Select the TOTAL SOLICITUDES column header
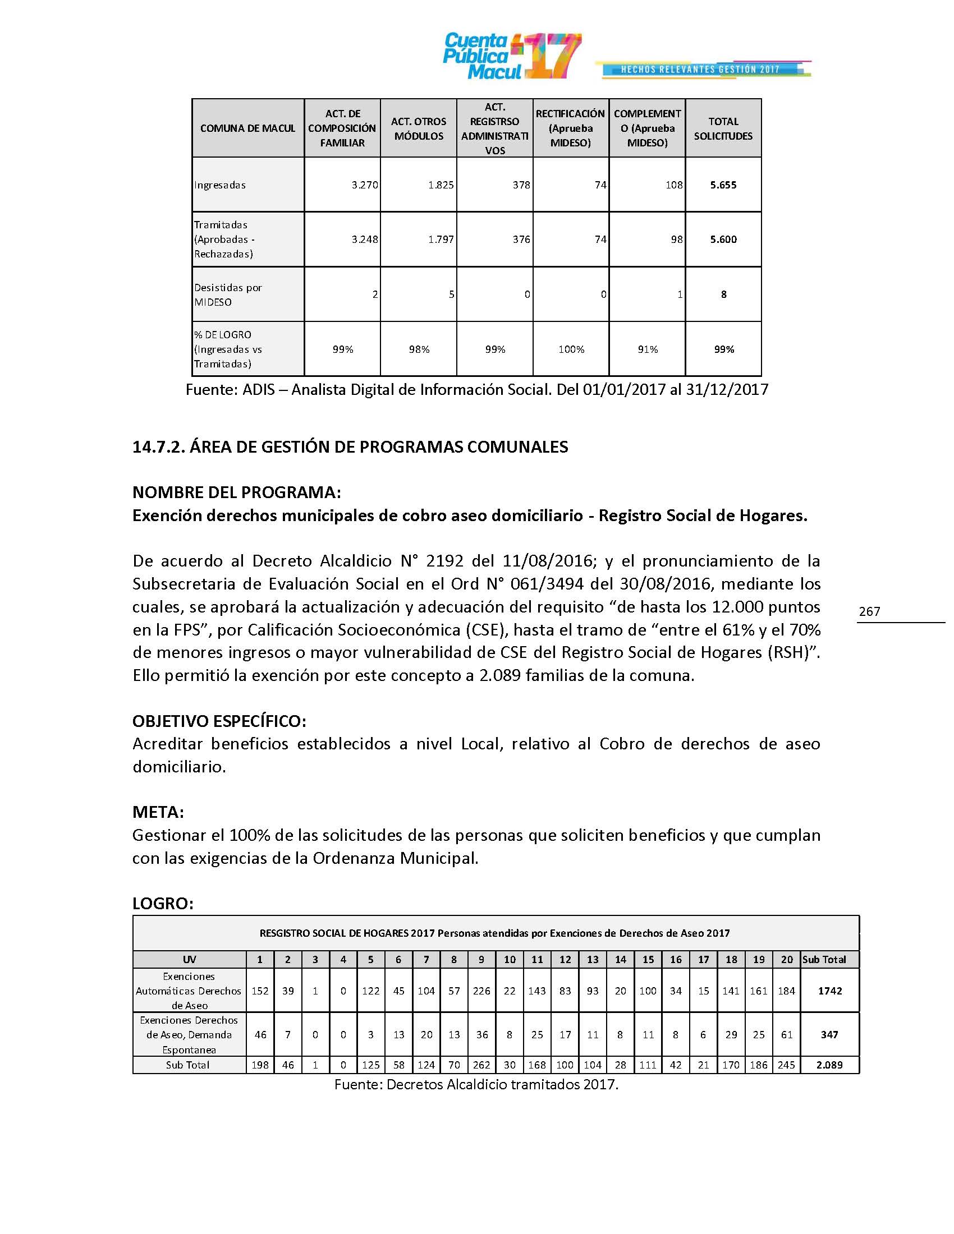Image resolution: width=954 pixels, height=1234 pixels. pyautogui.click(x=723, y=129)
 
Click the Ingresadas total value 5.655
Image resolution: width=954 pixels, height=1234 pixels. pyautogui.click(x=723, y=185)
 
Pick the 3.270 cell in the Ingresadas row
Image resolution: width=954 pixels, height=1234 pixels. pyautogui.click(x=365, y=185)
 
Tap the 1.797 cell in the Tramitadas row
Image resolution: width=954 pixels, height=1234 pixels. pyautogui.click(x=441, y=240)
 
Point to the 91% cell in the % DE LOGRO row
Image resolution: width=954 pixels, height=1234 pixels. pyautogui.click(x=647, y=350)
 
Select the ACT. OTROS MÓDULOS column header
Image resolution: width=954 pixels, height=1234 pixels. pyautogui.click(x=418, y=129)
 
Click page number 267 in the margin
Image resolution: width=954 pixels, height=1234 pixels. pyautogui.click(x=869, y=611)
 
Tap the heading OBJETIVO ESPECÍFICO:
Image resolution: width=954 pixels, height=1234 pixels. pyautogui.click(x=219, y=721)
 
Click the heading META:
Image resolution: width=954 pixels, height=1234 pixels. pyautogui.click(x=158, y=812)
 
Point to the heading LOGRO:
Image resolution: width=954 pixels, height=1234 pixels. pyautogui.click(x=163, y=904)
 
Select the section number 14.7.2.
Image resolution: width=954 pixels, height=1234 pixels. pyautogui.click(x=158, y=447)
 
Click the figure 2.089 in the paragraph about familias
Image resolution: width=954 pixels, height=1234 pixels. pyautogui.click(x=499, y=675)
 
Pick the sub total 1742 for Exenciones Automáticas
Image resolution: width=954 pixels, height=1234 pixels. pyautogui.click(x=829, y=991)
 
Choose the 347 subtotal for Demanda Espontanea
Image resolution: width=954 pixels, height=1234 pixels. pyautogui.click(x=829, y=1034)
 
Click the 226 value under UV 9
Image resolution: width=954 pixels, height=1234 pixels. pyautogui.click(x=481, y=991)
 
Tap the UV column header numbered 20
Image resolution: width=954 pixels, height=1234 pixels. pyautogui.click(x=786, y=959)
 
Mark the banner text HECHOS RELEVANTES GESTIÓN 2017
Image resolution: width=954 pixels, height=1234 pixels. pyautogui.click(x=700, y=70)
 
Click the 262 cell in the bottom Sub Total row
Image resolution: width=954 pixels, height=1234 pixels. pyautogui.click(x=481, y=1065)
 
